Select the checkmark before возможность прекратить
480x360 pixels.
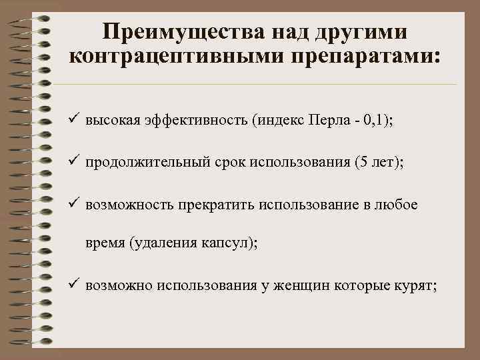point(74,204)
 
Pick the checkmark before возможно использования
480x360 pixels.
point(74,285)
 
